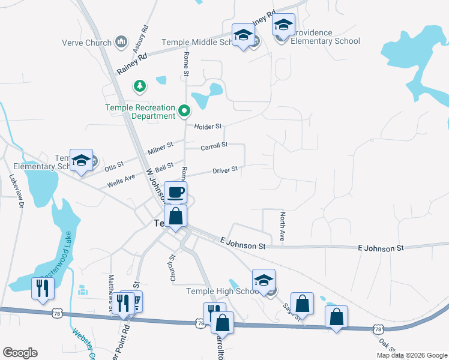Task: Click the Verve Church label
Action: [x=87, y=43]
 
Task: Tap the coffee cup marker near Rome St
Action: [x=175, y=193]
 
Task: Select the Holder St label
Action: [x=208, y=127]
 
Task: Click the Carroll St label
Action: [x=214, y=145]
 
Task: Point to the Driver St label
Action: [x=225, y=170]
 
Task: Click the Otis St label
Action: [x=114, y=164]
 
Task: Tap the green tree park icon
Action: [x=140, y=86]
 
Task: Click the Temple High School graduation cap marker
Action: [x=264, y=280]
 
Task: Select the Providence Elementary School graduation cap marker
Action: [x=283, y=25]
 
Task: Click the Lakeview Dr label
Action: [x=16, y=191]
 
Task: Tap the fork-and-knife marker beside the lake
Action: [x=43, y=289]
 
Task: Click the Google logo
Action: [x=20, y=353]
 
